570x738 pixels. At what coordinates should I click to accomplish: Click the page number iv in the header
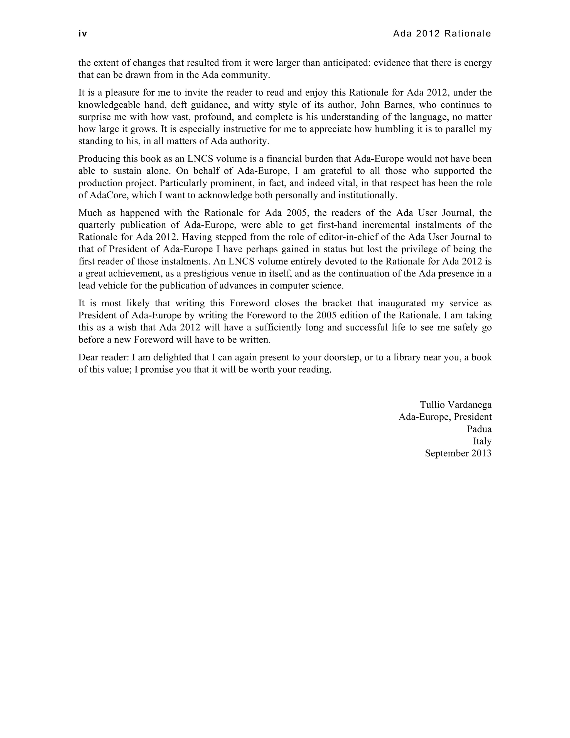83,34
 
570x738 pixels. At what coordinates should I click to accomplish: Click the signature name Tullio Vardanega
456,404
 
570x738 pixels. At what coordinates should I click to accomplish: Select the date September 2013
458,453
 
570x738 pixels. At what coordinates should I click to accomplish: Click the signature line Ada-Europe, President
445,417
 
